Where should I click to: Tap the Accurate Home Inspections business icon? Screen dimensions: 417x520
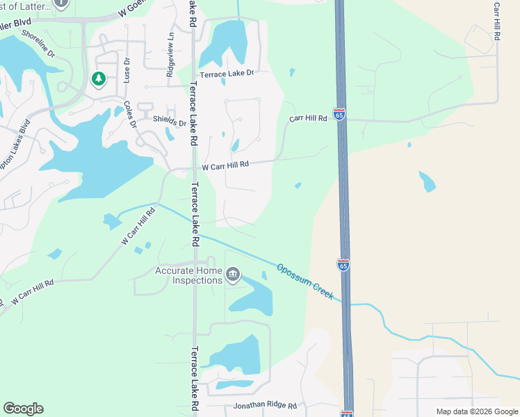click(233, 275)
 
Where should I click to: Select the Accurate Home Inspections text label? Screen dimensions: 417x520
click(188, 275)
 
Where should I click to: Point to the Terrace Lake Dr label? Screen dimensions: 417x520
click(227, 73)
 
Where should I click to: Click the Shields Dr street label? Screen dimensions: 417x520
click(170, 122)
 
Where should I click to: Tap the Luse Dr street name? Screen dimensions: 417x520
click(127, 69)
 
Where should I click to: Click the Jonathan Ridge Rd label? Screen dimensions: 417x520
click(265, 405)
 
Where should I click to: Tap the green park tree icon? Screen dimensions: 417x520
click(98, 79)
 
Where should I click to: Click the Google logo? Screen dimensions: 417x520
click(23, 409)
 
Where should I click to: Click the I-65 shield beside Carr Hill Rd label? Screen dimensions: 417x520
click(339, 114)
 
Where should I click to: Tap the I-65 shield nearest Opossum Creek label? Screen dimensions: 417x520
click(343, 265)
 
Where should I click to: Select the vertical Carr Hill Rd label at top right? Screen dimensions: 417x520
click(496, 22)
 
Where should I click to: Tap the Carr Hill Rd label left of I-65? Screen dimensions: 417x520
click(308, 119)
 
